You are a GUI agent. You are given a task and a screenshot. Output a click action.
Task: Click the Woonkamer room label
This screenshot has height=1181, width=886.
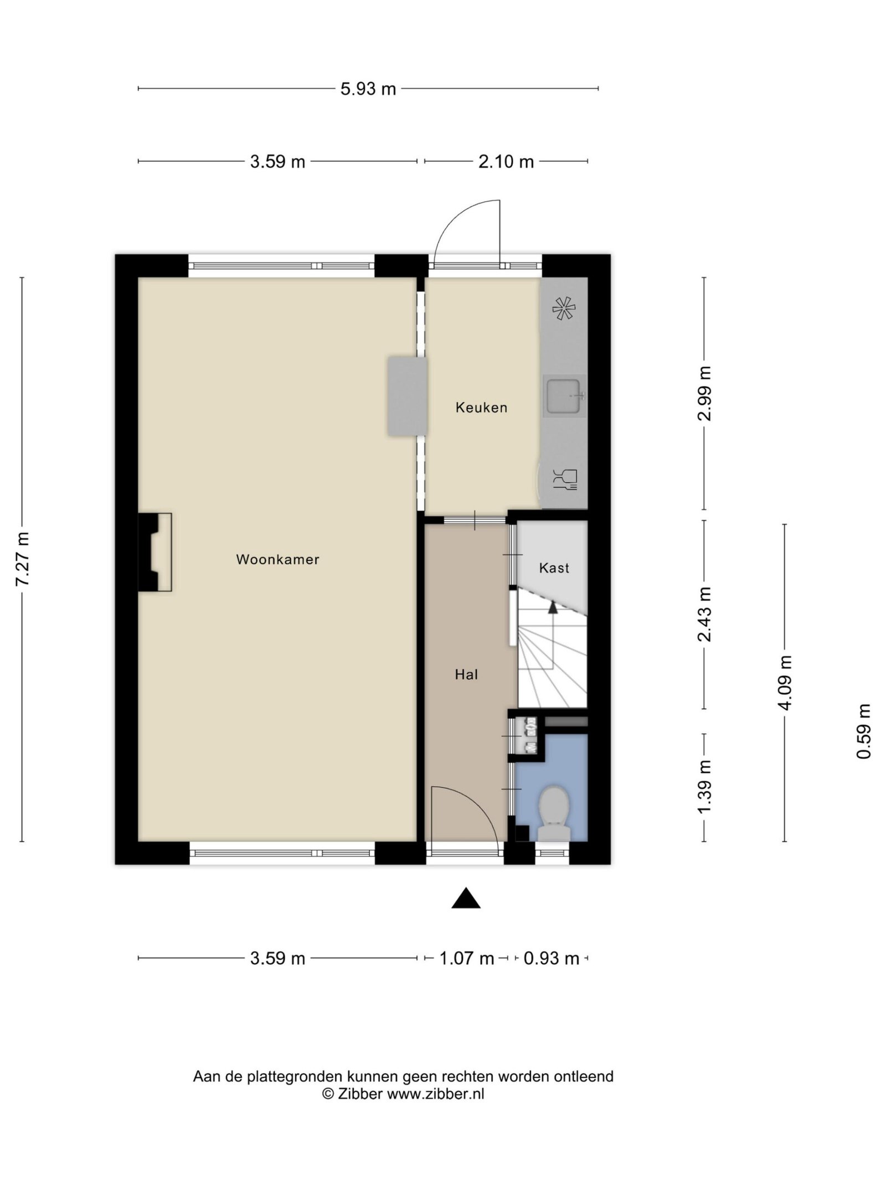point(277,560)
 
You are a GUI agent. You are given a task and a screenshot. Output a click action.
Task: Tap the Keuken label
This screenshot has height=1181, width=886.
point(481,408)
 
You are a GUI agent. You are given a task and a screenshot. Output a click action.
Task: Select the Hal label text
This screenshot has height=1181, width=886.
point(466,674)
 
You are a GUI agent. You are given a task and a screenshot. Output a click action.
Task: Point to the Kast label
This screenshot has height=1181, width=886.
point(554,568)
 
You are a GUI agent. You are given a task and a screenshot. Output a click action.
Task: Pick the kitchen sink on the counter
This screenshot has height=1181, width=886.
point(564,395)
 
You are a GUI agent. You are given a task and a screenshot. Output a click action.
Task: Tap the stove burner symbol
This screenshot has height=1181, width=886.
point(564,308)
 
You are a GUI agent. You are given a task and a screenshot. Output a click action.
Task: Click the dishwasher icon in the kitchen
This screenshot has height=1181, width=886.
point(565,479)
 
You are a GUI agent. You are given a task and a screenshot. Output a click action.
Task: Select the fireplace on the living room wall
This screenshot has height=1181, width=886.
point(154,552)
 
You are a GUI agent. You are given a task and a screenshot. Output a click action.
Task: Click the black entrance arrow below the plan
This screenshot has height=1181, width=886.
point(466,898)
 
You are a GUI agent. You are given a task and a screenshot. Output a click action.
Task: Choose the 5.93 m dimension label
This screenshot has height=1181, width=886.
point(368,89)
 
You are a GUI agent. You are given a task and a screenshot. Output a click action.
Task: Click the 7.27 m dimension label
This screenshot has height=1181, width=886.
point(22,559)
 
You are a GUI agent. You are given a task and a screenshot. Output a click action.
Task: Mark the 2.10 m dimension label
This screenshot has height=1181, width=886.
point(506,162)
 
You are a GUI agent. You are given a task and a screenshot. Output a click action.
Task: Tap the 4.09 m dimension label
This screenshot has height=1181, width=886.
point(785,682)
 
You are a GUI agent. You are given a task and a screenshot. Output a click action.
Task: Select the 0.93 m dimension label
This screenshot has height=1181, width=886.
point(551,958)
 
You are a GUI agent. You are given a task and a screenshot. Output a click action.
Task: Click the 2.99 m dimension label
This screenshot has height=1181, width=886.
point(704,394)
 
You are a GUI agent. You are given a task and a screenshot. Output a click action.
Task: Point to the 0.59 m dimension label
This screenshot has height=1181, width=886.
point(863,731)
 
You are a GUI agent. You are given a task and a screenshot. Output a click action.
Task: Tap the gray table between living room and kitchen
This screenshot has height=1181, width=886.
point(408,396)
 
